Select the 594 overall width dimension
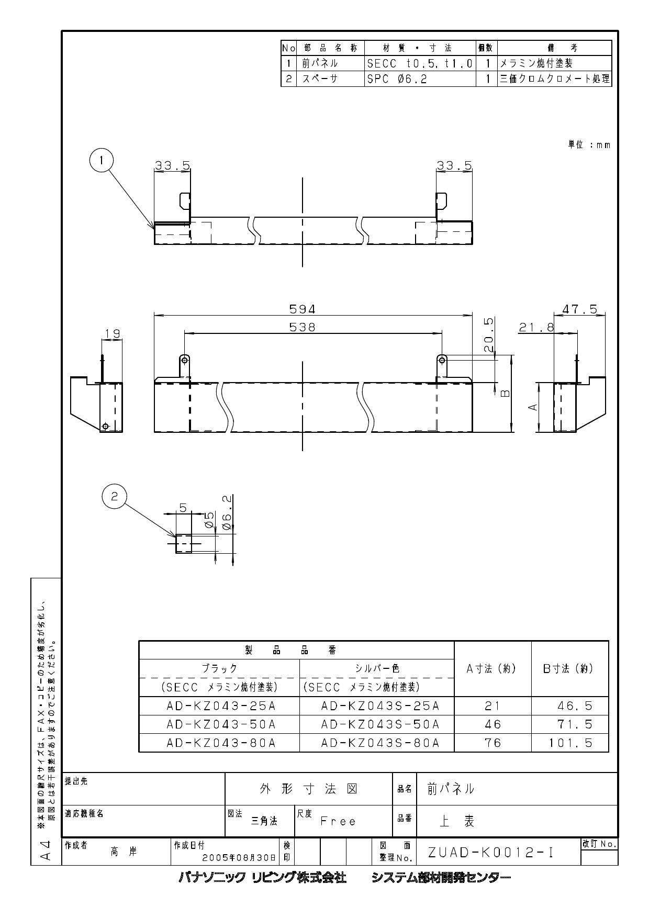303,309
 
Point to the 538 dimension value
303,327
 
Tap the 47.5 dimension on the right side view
579,309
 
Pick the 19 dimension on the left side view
112,333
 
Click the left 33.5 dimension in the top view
172,165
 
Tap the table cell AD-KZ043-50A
220,724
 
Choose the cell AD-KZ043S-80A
380,743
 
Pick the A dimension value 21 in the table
493,706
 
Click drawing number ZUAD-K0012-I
490,853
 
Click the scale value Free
338,822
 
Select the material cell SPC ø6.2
390,79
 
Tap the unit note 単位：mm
589,144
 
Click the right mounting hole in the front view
442,360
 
